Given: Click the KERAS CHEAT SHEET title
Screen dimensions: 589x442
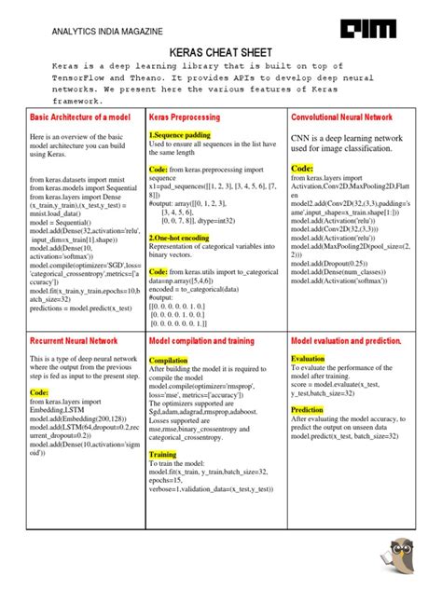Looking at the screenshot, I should point(220,54).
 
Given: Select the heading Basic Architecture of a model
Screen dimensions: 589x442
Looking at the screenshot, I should point(82,119).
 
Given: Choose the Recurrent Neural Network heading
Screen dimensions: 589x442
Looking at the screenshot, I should point(75,341).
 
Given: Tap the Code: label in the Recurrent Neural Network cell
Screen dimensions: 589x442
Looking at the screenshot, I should point(46,393).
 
